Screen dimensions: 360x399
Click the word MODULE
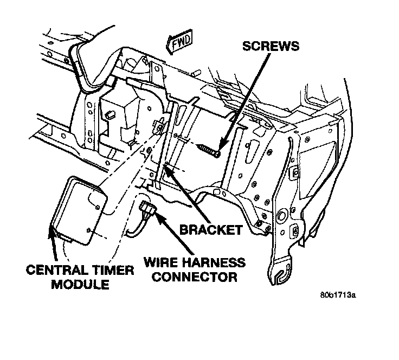pyautogui.click(x=80, y=284)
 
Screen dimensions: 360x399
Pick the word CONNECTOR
pyautogui.click(x=191, y=278)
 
